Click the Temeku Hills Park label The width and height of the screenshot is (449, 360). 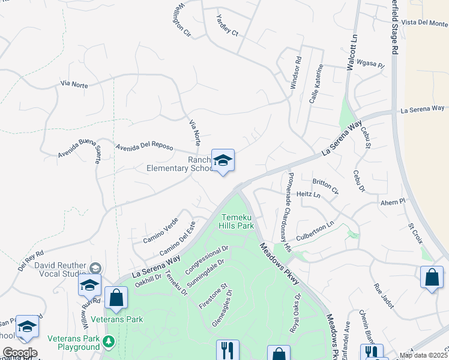pyautogui.click(x=238, y=221)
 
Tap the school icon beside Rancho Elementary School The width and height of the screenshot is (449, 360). pyautogui.click(x=223, y=160)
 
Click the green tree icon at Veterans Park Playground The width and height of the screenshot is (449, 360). pyautogui.click(x=108, y=342)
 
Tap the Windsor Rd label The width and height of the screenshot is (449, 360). pyautogui.click(x=295, y=73)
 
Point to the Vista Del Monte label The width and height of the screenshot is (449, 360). pyautogui.click(x=424, y=23)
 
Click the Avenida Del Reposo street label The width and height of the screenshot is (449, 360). pyautogui.click(x=144, y=146)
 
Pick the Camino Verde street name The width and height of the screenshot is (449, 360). pyautogui.click(x=160, y=230)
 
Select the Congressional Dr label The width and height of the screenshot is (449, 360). pyautogui.click(x=207, y=257)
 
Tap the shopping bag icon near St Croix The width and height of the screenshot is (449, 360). pyautogui.click(x=432, y=277)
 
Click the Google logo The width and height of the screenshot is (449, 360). pyautogui.click(x=20, y=353)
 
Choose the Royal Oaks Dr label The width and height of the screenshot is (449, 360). pyautogui.click(x=295, y=313)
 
